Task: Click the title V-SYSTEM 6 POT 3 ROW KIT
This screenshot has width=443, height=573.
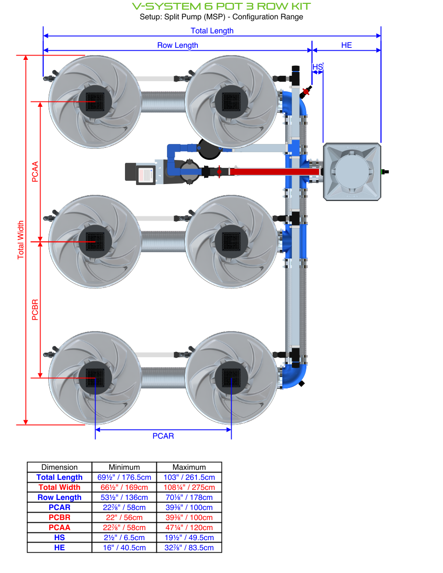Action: coord(221,6)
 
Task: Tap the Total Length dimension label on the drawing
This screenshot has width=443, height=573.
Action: coord(212,31)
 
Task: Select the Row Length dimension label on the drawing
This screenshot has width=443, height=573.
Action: coord(178,45)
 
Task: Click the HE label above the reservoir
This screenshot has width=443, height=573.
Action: coord(346,45)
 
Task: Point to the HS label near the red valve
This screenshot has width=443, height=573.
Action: coord(317,67)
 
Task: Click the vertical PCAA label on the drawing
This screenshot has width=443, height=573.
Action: coord(35,172)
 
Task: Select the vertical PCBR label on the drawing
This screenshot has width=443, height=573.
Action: coord(35,310)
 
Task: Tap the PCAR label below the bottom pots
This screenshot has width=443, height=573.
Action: coord(163,436)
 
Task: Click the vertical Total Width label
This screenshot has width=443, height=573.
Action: coord(21,240)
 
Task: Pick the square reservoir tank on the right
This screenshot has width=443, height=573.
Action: coord(352,171)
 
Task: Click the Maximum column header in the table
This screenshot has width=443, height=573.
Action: coord(189,467)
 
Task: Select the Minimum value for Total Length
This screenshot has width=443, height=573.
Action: coord(124,477)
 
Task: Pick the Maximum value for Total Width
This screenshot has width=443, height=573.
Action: coord(189,487)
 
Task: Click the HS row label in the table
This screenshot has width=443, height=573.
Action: coord(59,538)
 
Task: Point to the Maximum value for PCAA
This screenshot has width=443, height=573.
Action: coord(189,528)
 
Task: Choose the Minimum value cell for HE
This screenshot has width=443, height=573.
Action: coord(124,548)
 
